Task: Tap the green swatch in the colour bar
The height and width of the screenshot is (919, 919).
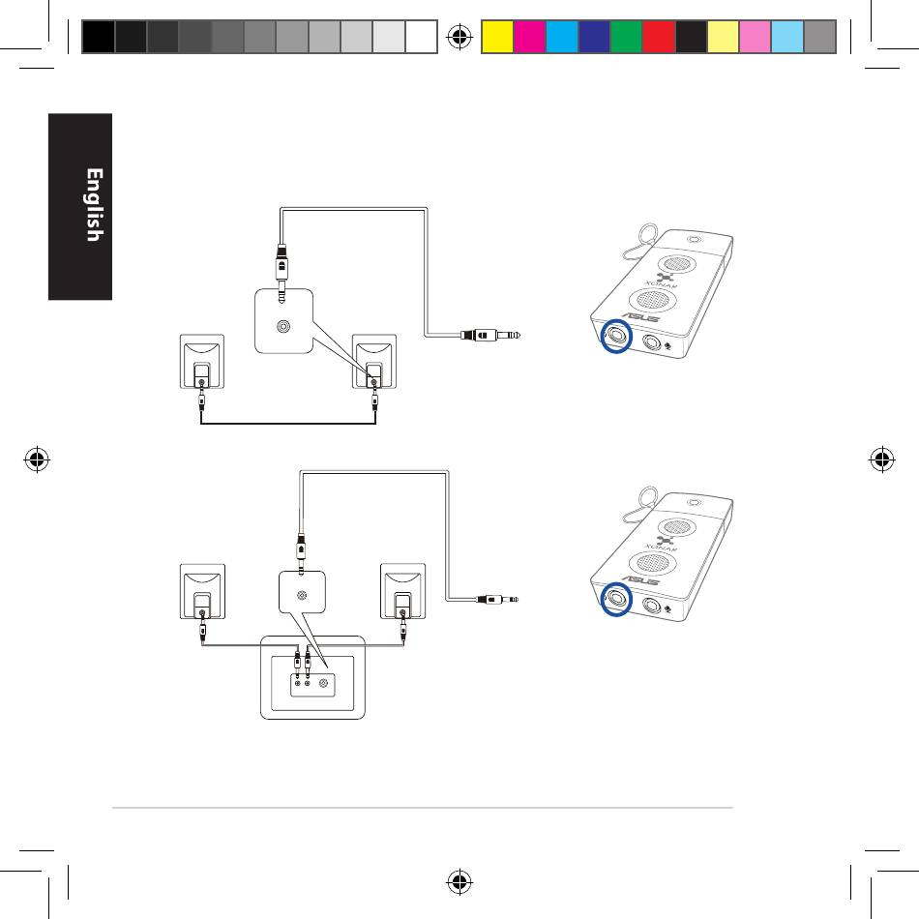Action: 626,37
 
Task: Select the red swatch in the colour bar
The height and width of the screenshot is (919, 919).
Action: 658,37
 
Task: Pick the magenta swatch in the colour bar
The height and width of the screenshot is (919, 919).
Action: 528,37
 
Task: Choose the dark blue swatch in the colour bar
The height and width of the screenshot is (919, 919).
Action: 593,37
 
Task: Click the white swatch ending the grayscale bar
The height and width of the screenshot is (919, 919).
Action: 423,37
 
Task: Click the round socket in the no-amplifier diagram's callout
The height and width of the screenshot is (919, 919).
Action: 282,327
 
